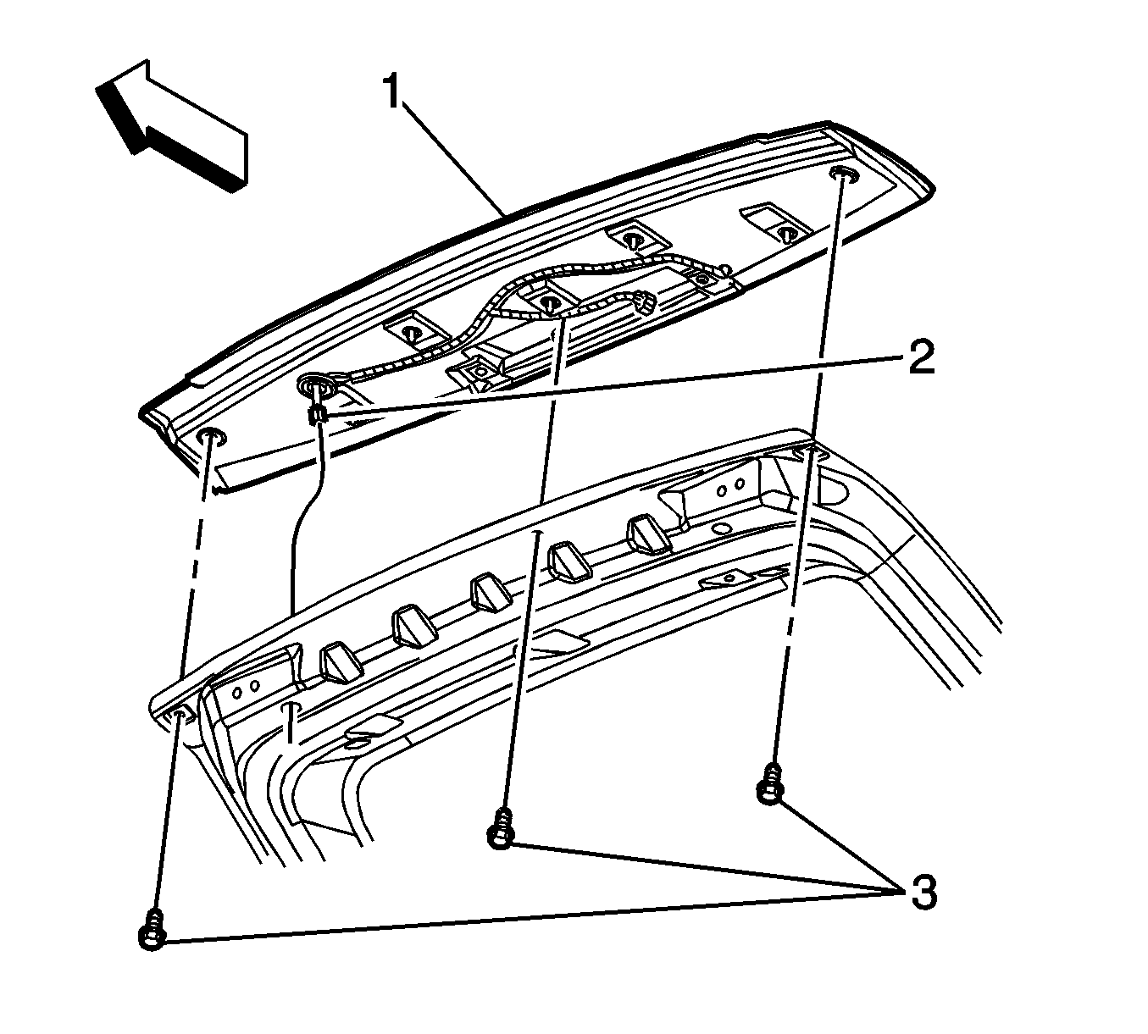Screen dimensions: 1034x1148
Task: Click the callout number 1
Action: pos(391,91)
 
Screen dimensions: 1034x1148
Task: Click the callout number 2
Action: pos(919,359)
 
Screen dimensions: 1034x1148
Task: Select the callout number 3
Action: pos(921,892)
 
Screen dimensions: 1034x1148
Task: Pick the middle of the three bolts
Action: pos(501,827)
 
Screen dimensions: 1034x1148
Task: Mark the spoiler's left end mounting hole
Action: pos(211,438)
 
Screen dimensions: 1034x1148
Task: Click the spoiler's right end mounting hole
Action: pos(842,174)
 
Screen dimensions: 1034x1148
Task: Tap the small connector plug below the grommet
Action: pos(318,415)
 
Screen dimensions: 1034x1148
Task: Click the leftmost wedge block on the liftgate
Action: pos(339,661)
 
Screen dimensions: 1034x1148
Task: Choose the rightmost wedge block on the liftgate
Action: pos(645,534)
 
